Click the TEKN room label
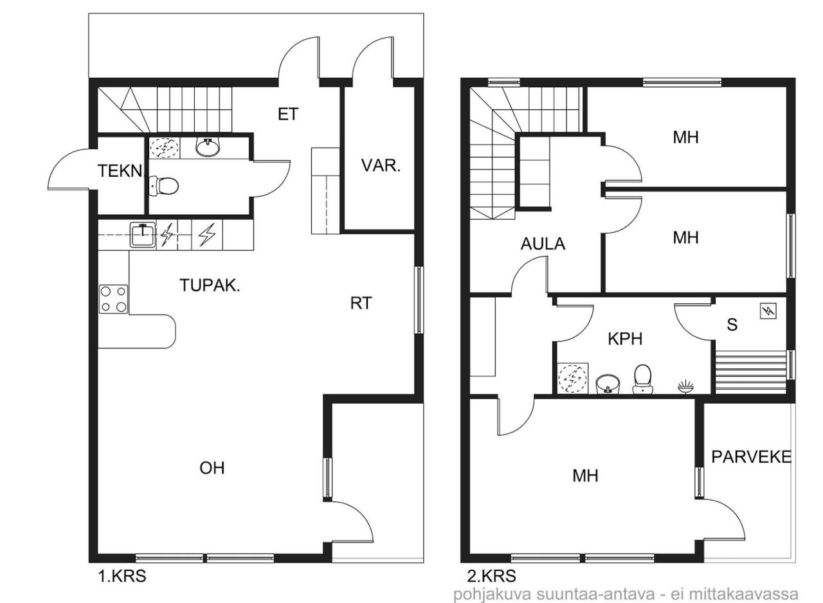pyautogui.click(x=118, y=171)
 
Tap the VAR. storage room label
pyautogui.click(x=380, y=166)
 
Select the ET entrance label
pyautogui.click(x=288, y=114)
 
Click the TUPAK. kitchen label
pyautogui.click(x=210, y=287)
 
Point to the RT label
pyautogui.click(x=361, y=303)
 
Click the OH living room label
pyautogui.click(x=212, y=468)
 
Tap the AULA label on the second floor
pyautogui.click(x=543, y=244)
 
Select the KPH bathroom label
pyautogui.click(x=625, y=339)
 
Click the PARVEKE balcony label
pyautogui.click(x=750, y=456)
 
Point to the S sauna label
pyautogui.click(x=732, y=325)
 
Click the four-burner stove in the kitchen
pyautogui.click(x=113, y=299)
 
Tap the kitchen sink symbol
pyautogui.click(x=142, y=235)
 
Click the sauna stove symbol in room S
pyautogui.click(x=768, y=312)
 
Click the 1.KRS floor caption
pyautogui.click(x=122, y=576)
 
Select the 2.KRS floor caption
pyautogui.click(x=491, y=576)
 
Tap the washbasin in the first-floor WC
pyautogui.click(x=208, y=148)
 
